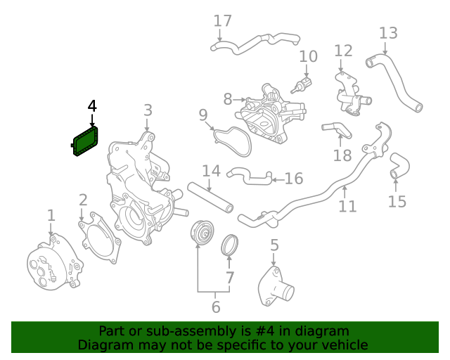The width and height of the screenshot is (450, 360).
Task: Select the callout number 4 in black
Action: [x=92, y=107]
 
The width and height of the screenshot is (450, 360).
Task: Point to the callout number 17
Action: [x=222, y=21]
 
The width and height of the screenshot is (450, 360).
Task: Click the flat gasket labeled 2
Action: [x=101, y=239]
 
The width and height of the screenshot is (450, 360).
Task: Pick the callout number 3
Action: [x=148, y=110]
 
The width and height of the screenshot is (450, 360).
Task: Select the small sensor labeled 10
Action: [x=299, y=86]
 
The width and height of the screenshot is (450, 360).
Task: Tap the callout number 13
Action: [x=388, y=33]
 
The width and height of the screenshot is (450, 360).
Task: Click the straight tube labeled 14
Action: [x=210, y=198]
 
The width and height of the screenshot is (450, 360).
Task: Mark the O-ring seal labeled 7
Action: [x=229, y=246]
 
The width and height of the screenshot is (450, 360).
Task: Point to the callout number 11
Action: [x=347, y=206]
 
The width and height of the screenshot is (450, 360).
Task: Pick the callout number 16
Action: [x=293, y=179]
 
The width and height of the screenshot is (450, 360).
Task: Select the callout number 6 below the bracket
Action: [x=216, y=307]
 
